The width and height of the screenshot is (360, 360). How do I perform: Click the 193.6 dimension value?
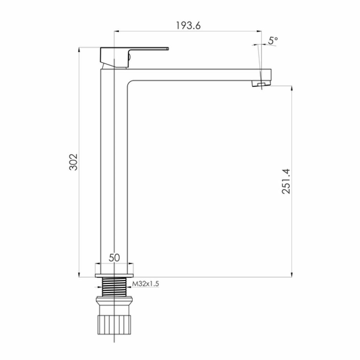tap(188, 25)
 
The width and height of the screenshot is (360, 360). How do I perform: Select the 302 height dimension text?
tap(73, 162)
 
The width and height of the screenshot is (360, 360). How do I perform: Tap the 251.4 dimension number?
tap(286, 182)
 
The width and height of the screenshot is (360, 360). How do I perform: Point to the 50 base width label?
tap(114, 258)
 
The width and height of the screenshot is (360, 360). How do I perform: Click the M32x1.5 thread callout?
tap(146, 284)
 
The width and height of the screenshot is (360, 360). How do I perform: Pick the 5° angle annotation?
tap(273, 40)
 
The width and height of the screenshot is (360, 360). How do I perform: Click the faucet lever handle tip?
tap(168, 49)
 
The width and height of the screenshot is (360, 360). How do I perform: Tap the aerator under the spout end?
tap(261, 84)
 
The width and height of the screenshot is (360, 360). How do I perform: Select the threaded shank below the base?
tap(114, 287)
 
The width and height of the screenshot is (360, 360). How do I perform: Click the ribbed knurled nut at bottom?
tap(114, 324)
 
